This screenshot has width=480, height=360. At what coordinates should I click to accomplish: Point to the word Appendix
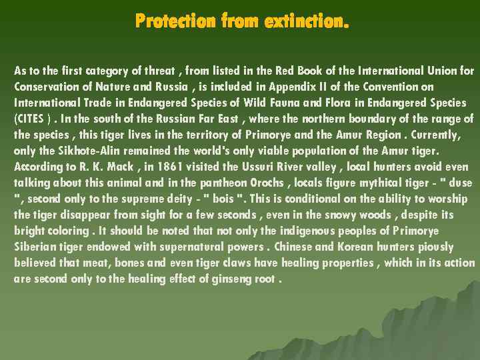click(x=286, y=87)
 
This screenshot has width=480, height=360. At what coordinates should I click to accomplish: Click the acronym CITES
click(x=30, y=119)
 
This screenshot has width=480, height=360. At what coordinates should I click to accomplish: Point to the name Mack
click(x=101, y=167)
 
